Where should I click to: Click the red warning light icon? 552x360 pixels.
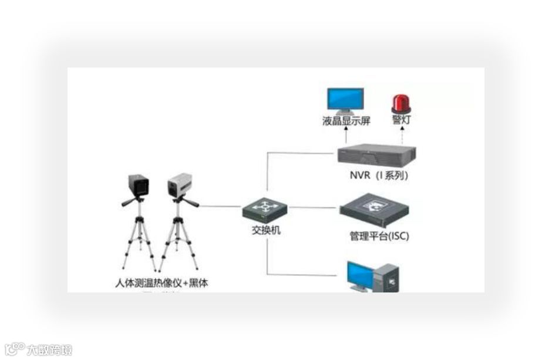401,103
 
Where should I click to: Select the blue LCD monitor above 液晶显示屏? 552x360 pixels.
345,100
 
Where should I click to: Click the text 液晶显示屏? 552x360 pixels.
346,122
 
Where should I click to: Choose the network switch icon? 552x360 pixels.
265,208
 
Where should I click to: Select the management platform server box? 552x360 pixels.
375,210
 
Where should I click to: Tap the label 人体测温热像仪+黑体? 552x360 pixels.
161,283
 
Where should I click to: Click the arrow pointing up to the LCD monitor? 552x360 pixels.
345,136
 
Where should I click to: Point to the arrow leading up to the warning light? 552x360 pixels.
401,136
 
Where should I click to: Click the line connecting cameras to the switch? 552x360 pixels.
221,206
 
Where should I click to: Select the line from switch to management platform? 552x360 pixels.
314,207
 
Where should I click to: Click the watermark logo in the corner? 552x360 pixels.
39,350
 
